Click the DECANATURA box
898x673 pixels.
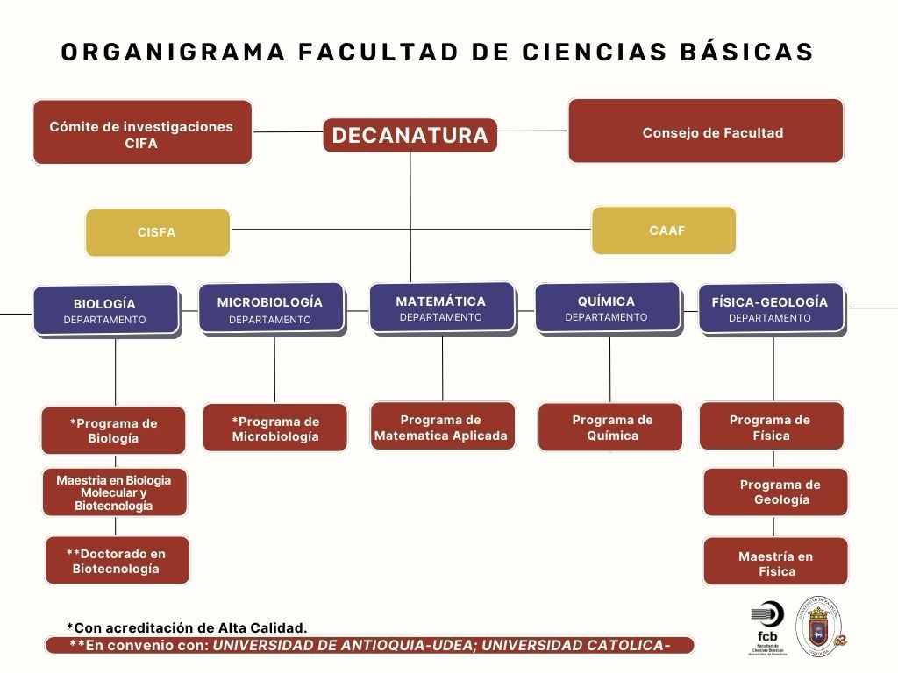tap(410, 135)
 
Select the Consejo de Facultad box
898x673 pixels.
tap(706, 131)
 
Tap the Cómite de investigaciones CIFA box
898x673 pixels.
tap(142, 133)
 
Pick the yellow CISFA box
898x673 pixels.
tap(157, 232)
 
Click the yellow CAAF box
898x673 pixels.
tap(664, 230)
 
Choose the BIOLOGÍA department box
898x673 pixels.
tap(105, 310)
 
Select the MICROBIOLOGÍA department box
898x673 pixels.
tap(270, 308)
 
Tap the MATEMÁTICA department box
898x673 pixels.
tap(440, 308)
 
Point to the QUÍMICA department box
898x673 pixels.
tap(607, 308)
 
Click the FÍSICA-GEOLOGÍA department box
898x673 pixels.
tap(770, 308)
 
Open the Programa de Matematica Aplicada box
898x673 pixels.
tap(441, 427)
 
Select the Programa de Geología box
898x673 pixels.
tap(776, 492)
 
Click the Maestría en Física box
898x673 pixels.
tap(776, 563)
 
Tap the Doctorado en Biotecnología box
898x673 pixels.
tap(117, 561)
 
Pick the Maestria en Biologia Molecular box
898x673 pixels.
tap(115, 492)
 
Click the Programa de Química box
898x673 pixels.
tap(610, 427)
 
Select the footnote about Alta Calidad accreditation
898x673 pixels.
tap(187, 627)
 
